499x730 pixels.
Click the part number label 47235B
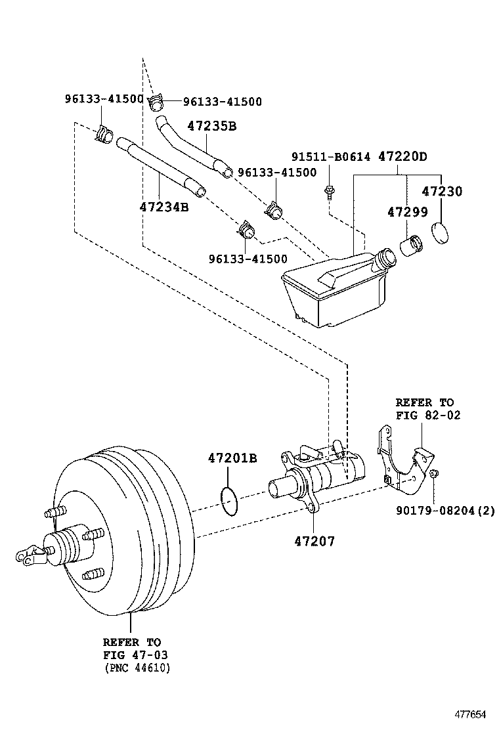pyautogui.click(x=211, y=126)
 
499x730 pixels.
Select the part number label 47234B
pyautogui.click(x=164, y=207)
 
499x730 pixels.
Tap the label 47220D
pyautogui.click(x=402, y=157)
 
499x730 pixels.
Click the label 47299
pyautogui.click(x=407, y=212)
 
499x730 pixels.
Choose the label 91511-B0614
pyautogui.click(x=331, y=157)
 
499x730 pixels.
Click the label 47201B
pyautogui.click(x=232, y=458)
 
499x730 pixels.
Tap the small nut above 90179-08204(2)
pyautogui.click(x=434, y=474)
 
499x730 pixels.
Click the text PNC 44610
pyautogui.click(x=137, y=668)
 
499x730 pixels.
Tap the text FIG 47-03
pyautogui.click(x=132, y=655)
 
